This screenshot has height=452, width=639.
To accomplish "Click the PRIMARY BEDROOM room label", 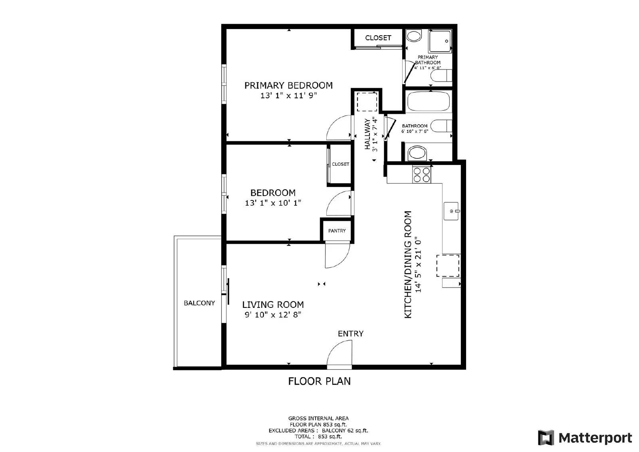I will [288, 85].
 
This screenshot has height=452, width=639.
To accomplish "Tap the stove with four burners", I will [422, 174].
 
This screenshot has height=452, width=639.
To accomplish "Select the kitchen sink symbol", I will [452, 211].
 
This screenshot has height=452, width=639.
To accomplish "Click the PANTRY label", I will [337, 231].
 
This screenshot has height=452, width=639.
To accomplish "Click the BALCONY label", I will [199, 303].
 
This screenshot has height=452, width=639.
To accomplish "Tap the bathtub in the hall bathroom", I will [428, 101].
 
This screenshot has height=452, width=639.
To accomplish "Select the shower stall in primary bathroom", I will [441, 41].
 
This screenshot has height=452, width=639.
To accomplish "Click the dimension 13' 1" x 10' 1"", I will [273, 203].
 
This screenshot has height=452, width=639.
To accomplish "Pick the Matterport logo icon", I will [546, 438].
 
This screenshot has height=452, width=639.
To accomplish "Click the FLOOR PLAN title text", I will [319, 381].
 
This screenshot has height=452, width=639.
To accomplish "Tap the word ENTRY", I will [350, 333].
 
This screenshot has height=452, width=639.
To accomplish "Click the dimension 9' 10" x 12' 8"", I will [273, 315].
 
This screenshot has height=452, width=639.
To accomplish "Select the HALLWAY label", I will [367, 134].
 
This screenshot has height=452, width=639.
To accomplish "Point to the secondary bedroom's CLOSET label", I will [340, 164].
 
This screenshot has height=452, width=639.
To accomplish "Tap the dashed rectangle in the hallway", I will [367, 101].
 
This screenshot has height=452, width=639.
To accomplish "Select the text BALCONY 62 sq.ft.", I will [345, 430].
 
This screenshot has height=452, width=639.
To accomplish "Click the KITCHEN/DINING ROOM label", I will [408, 264].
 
